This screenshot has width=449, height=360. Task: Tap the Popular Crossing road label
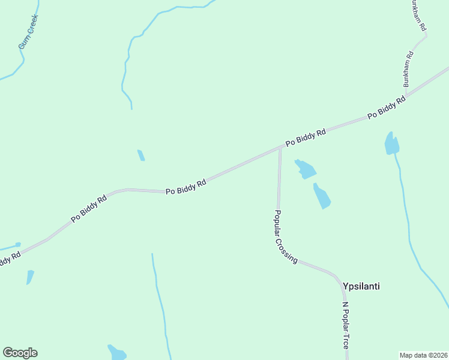[x=286, y=237]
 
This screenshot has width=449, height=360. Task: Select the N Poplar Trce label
[x=345, y=325]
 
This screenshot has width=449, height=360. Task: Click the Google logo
[x=20, y=353]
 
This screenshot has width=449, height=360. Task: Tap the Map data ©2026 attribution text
[x=423, y=355]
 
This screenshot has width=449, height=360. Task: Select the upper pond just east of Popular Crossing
[x=306, y=169]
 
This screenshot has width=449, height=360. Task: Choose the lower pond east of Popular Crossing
[x=322, y=196]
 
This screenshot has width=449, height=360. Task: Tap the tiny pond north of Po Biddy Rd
[x=141, y=155]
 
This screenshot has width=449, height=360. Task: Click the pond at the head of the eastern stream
[x=391, y=144]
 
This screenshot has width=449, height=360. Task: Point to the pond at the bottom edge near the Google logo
[x=117, y=353]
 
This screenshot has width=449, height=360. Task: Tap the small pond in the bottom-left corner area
[x=30, y=277]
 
